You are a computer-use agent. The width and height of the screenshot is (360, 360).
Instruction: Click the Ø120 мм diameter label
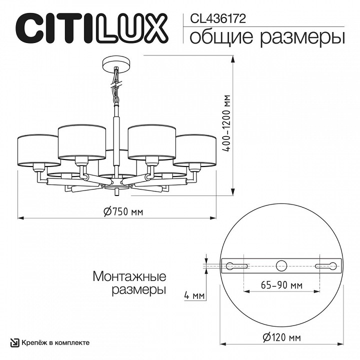(x=281, y=337)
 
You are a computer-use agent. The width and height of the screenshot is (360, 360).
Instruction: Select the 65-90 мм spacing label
(x=281, y=285)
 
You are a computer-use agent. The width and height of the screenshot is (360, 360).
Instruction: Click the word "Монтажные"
(x=129, y=276)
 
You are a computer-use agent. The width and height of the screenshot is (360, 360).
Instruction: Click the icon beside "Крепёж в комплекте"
(x=15, y=342)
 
